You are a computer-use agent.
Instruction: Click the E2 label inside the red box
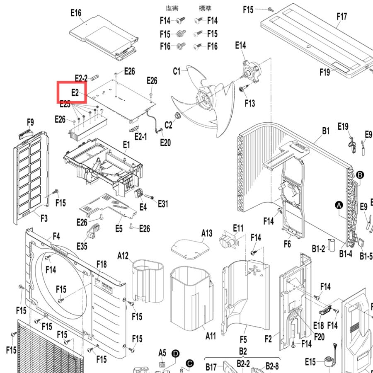point(75,92)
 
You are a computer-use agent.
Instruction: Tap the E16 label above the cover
point(76,12)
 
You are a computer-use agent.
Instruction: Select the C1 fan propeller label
point(177,71)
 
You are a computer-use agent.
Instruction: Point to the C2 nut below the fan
point(177,116)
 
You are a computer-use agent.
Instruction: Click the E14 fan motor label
point(240,45)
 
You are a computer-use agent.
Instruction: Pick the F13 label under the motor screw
point(250,103)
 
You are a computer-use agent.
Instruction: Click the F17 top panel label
point(342,17)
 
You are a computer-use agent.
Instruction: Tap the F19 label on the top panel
point(325,72)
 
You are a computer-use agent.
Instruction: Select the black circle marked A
point(339,205)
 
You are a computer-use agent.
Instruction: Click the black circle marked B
point(360,175)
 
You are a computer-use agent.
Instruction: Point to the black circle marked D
point(176,354)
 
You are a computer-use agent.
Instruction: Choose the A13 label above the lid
point(207,233)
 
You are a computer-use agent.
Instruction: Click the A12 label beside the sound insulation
point(123,256)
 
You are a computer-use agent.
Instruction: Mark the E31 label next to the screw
point(163,203)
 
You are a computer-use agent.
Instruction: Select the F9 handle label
point(30,122)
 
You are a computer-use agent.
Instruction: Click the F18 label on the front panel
point(102,264)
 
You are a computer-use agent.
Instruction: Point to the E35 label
point(82,246)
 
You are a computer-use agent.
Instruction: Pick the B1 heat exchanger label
point(326,131)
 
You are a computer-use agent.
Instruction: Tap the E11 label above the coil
point(238,228)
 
